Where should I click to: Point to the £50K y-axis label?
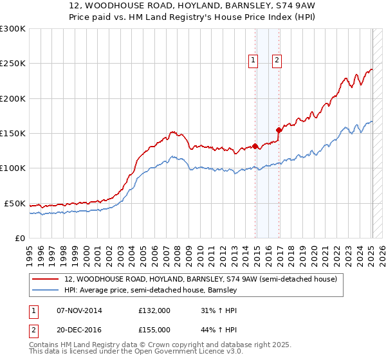click(14, 203)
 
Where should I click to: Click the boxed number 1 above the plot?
click(253, 61)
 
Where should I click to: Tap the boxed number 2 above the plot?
click(277, 61)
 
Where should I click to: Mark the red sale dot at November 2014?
click(255, 146)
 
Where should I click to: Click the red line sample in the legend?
click(46, 280)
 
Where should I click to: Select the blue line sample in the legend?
click(46, 291)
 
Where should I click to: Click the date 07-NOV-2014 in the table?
click(79, 310)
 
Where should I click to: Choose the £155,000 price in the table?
click(154, 329)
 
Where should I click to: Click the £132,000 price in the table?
click(154, 310)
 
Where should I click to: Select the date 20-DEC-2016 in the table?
click(79, 329)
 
